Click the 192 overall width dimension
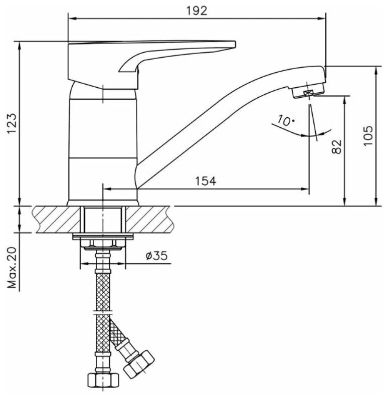[x=197, y=11]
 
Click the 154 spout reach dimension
[x=206, y=181]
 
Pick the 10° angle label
[x=285, y=121]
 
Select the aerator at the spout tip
[x=308, y=92]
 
